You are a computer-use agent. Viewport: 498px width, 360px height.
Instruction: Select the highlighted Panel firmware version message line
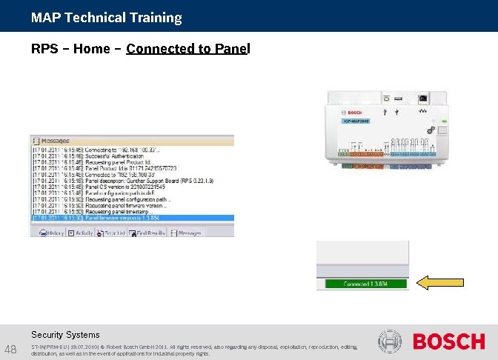coord(132,219)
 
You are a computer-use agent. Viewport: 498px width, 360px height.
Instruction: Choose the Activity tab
coord(81,233)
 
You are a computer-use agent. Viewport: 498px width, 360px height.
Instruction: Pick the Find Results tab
coord(147,233)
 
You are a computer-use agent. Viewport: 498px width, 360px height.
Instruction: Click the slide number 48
coord(11,349)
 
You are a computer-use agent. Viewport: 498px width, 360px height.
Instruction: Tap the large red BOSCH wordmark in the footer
coord(448,341)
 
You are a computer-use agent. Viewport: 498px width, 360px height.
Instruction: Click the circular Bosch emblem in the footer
coord(390,341)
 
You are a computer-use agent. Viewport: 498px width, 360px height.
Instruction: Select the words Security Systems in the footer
coord(65,335)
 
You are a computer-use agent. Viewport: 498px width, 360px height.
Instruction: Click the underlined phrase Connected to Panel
coord(188,49)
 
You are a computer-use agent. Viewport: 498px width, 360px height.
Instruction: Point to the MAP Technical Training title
coord(107,17)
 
